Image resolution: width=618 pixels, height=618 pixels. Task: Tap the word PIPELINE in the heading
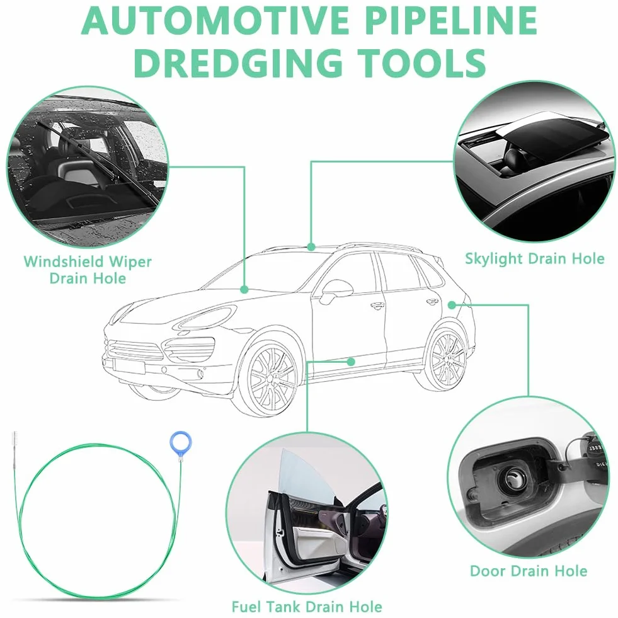coord(452,21)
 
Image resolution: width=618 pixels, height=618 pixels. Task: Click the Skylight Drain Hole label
coord(534,259)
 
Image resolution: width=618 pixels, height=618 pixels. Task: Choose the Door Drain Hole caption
coord(529,571)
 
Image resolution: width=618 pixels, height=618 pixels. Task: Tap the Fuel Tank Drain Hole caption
coord(307,606)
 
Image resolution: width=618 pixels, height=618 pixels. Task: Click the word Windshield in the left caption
coord(64,261)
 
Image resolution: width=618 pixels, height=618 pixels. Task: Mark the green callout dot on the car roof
coord(311,247)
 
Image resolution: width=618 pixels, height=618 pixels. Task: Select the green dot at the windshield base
coord(244,289)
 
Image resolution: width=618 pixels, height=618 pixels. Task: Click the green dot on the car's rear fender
coord(452,305)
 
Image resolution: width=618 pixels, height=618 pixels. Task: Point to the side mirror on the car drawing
coord(336,290)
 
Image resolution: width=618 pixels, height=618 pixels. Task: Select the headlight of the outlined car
coord(205,318)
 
